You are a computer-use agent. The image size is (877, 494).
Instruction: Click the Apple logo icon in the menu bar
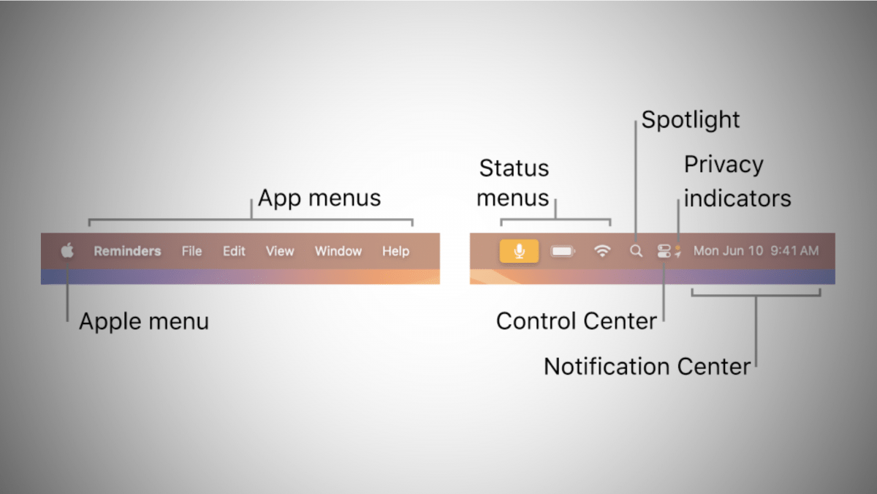pyautogui.click(x=67, y=251)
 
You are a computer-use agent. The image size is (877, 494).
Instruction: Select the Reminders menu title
pyautogui.click(x=127, y=251)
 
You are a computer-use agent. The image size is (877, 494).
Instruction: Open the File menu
pyautogui.click(x=191, y=251)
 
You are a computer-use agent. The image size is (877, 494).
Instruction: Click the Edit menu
pyautogui.click(x=234, y=251)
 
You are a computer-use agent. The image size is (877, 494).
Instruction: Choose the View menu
pyautogui.click(x=279, y=251)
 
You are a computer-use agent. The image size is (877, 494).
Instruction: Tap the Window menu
pyautogui.click(x=338, y=251)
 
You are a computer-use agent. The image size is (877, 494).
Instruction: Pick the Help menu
pyautogui.click(x=395, y=251)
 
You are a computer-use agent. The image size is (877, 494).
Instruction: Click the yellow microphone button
pyautogui.click(x=519, y=251)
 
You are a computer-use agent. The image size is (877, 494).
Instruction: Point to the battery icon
pyautogui.click(x=563, y=251)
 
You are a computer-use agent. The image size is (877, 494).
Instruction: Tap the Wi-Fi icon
pyautogui.click(x=602, y=251)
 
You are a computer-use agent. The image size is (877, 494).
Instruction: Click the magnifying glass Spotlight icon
pyautogui.click(x=637, y=251)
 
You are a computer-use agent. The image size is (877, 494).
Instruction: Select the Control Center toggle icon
pyautogui.click(x=664, y=251)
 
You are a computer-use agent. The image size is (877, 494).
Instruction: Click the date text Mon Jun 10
pyautogui.click(x=728, y=251)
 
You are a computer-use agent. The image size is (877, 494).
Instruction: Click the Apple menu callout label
pyautogui.click(x=144, y=321)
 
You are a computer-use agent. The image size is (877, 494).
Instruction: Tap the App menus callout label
pyautogui.click(x=319, y=198)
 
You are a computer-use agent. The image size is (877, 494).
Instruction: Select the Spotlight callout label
pyautogui.click(x=691, y=119)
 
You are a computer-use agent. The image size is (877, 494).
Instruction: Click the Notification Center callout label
pyautogui.click(x=647, y=366)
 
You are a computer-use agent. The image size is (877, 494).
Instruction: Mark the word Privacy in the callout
pyautogui.click(x=724, y=165)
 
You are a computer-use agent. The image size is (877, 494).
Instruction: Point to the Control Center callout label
pyautogui.click(x=576, y=321)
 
